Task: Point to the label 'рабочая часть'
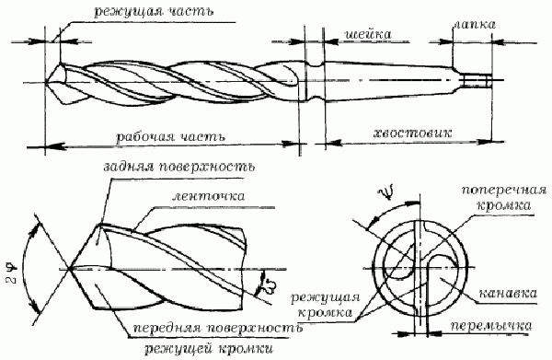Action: (x=159, y=134)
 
